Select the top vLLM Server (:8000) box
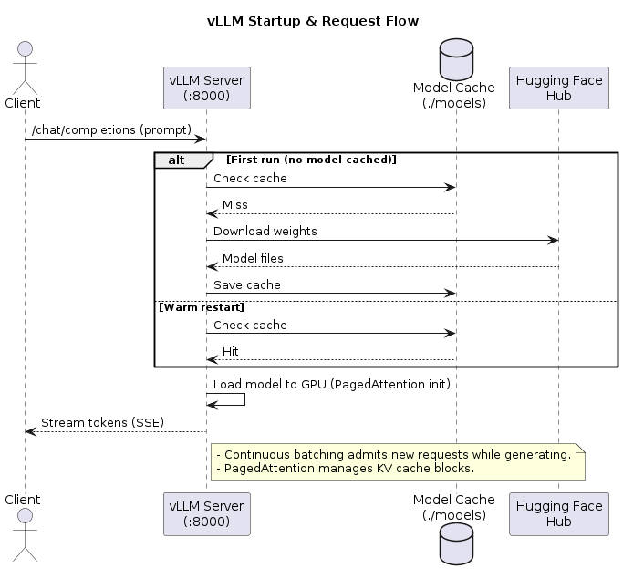tap(206, 88)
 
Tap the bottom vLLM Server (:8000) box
tap(206, 514)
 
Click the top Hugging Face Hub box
tap(559, 88)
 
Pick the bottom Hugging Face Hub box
tap(559, 514)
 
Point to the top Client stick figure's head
tap(25, 47)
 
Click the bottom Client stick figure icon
tap(25, 543)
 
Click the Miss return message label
tap(234, 204)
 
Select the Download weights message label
tap(265, 231)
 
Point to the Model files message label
tap(253, 258)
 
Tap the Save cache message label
tap(247, 284)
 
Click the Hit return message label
tap(231, 351)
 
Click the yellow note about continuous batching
tap(397, 461)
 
